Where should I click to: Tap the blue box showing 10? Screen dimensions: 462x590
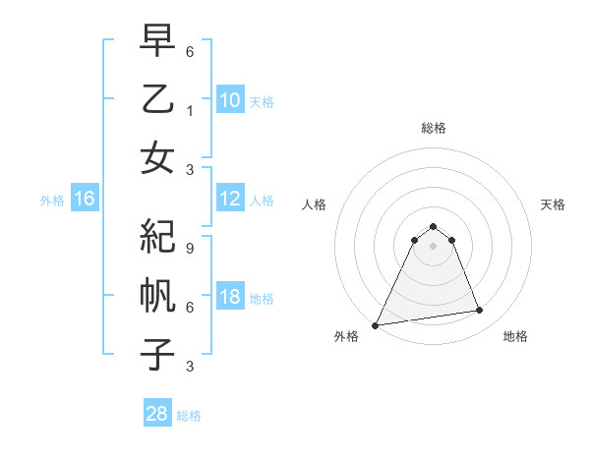[230, 100]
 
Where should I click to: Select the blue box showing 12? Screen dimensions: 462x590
[230, 200]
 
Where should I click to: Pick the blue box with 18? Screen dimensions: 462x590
[230, 298]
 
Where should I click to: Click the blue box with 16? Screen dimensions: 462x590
[85, 200]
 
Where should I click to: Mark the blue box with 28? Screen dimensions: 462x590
[157, 414]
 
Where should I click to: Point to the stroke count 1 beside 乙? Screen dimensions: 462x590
[190, 112]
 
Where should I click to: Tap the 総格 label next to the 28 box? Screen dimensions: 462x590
[189, 416]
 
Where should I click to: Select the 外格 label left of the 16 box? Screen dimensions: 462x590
[52, 201]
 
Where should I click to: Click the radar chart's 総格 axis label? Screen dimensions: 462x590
[433, 128]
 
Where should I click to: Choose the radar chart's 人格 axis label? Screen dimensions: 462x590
[315, 204]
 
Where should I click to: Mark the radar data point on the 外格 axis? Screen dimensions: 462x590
[376, 324]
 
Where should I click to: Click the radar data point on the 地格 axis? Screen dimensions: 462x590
[480, 311]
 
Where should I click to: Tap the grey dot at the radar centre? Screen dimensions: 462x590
[433, 246]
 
